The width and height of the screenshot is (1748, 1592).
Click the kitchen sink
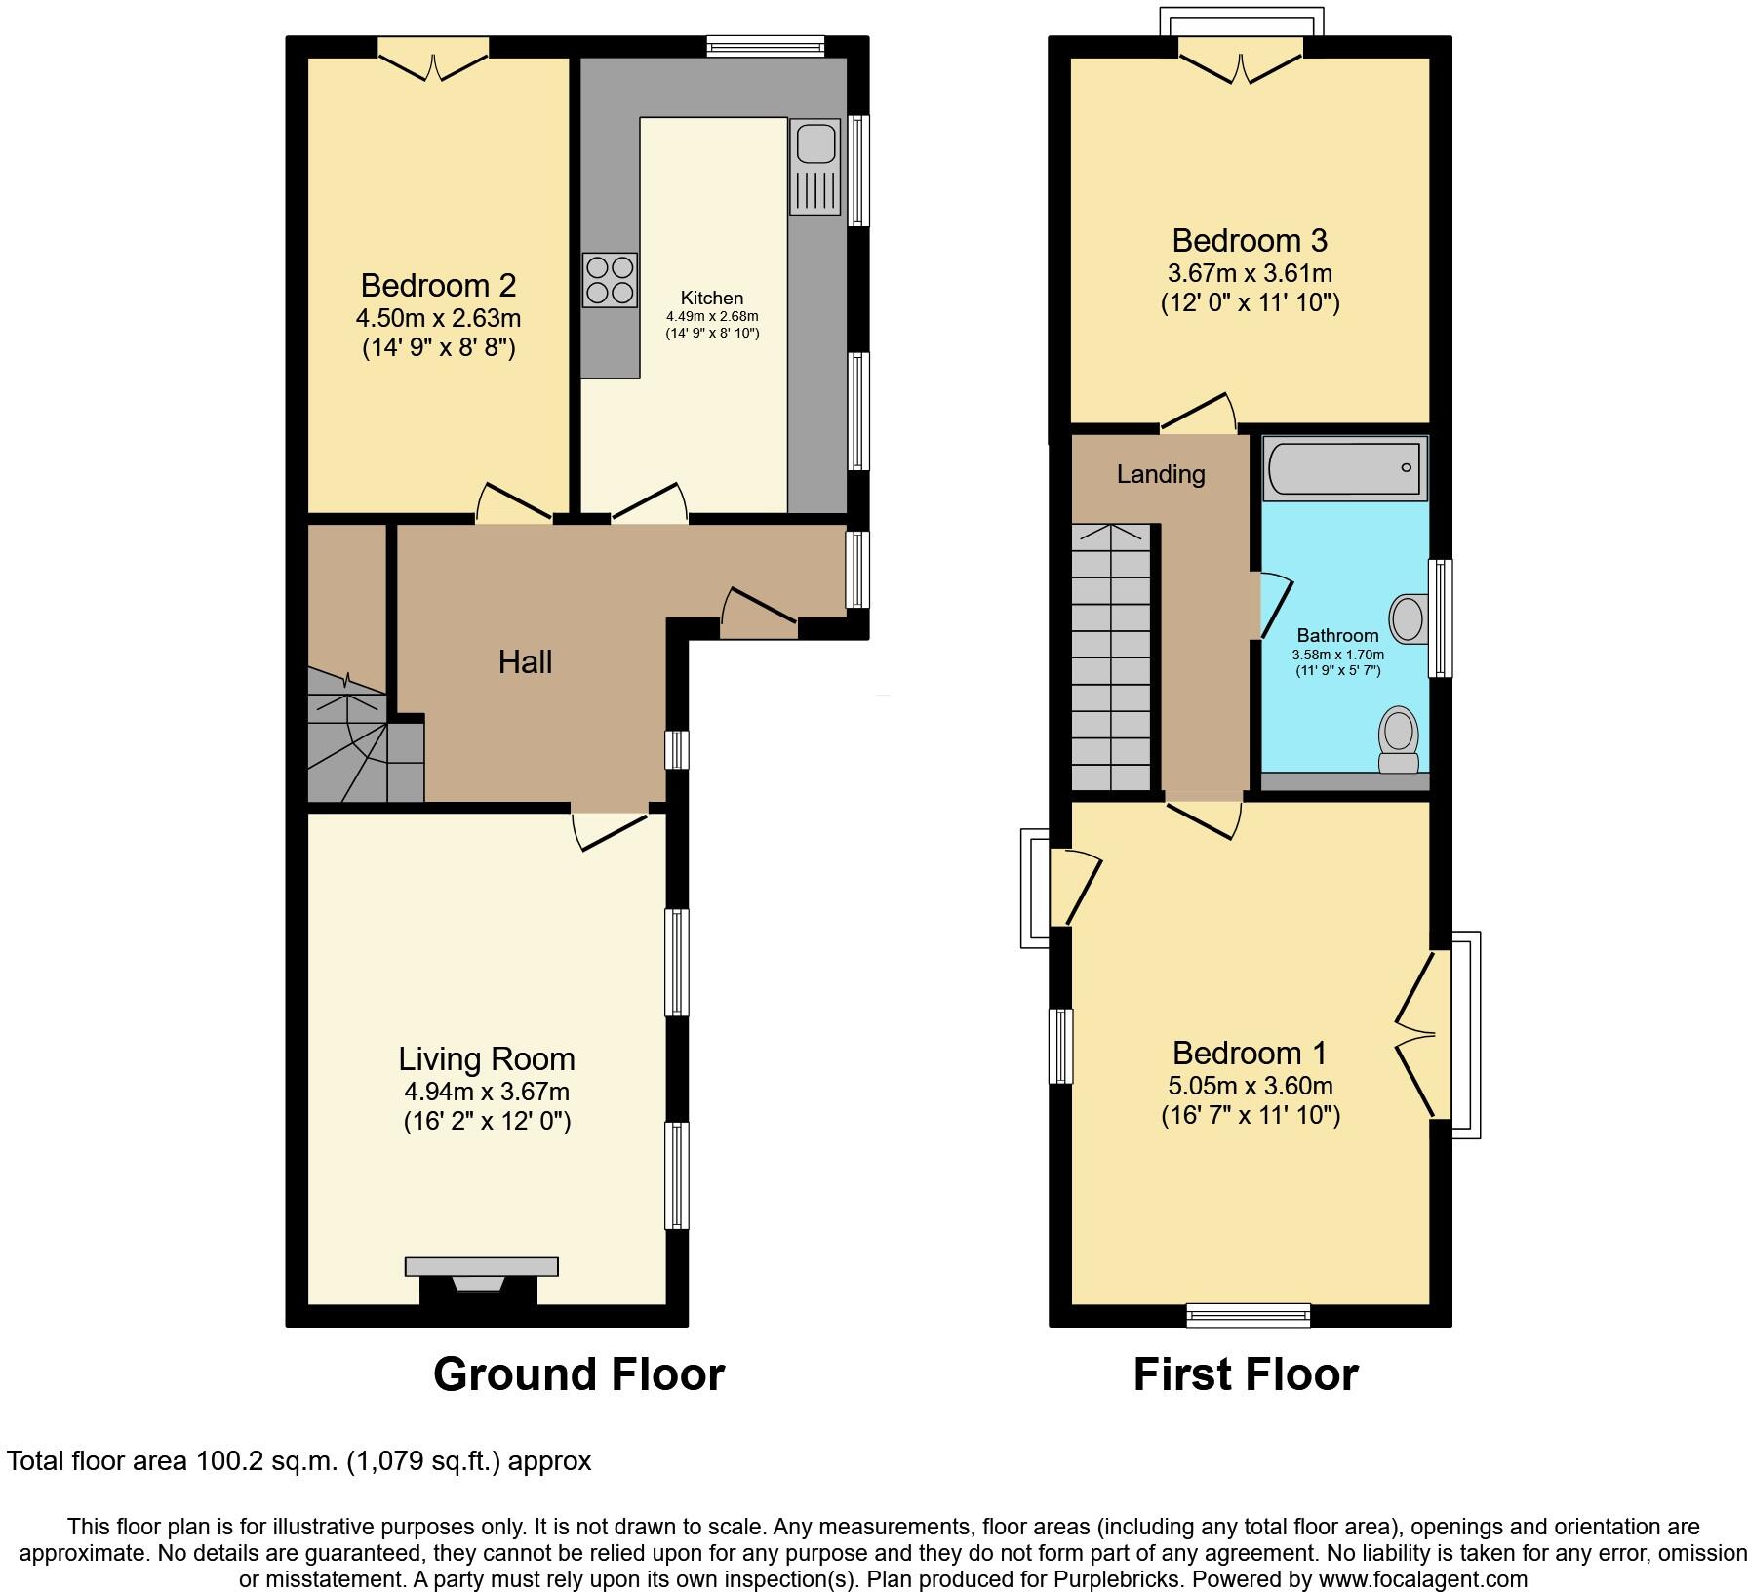814,167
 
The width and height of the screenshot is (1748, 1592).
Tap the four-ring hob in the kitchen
610,280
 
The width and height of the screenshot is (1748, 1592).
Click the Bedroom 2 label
438,286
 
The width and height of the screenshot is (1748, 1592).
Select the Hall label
525,662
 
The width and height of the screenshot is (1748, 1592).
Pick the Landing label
1161,474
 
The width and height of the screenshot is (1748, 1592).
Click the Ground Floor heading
578,1374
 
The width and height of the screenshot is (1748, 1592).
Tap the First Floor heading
1245,1374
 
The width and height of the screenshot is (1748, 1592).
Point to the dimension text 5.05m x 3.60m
1250,1086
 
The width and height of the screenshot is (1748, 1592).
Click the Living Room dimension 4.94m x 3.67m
487,1092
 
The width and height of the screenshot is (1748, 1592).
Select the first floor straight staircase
1111,658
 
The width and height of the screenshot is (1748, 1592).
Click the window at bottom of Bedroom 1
1249,1315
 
